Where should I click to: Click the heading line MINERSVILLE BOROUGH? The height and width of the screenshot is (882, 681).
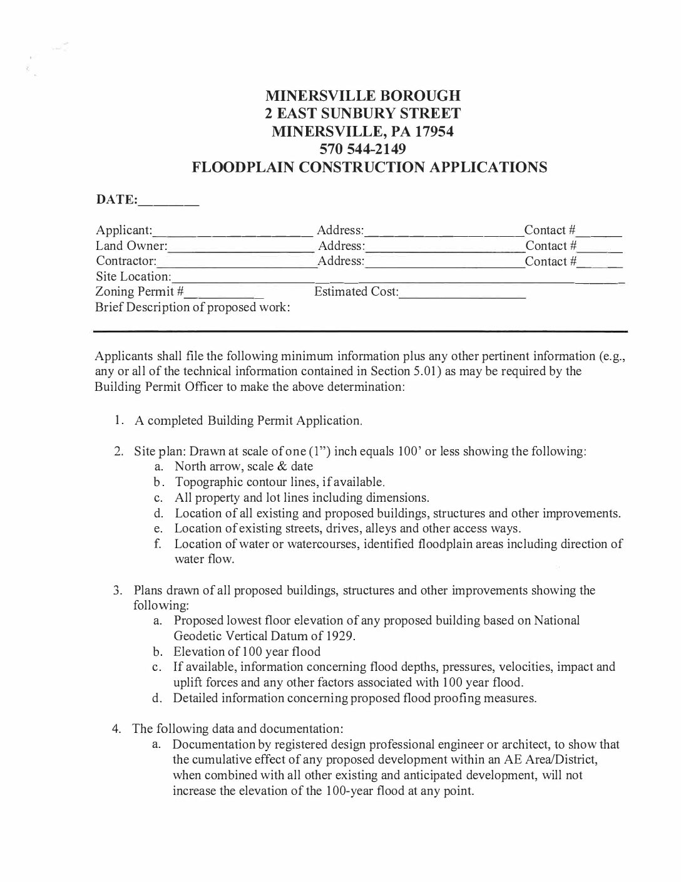coord(363,96)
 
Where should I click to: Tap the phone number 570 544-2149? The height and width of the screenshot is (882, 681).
coord(363,149)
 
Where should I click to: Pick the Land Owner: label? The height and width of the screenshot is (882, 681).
coord(131,246)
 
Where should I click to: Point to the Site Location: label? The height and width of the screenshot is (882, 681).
coord(133,276)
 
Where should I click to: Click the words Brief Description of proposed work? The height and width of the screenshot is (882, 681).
coord(192,308)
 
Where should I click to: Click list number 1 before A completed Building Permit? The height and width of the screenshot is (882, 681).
coord(119,420)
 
